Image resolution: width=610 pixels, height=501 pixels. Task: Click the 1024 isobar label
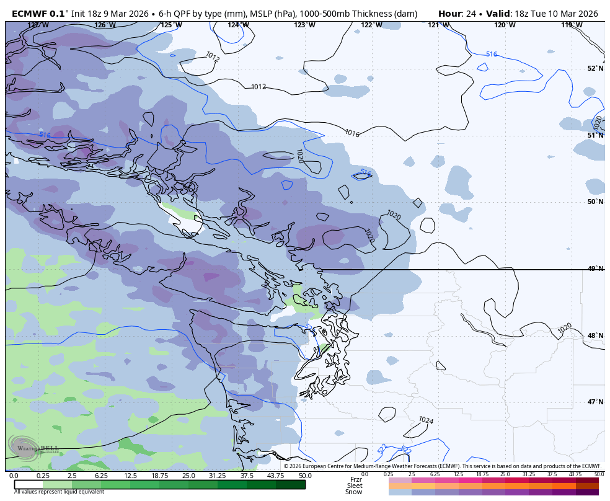pos(425,420)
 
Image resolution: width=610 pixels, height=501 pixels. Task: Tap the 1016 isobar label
pos(351,133)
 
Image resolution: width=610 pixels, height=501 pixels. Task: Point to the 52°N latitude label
pos(595,68)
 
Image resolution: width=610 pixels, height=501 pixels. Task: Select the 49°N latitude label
pos(595,268)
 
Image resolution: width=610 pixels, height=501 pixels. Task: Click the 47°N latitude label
pos(595,402)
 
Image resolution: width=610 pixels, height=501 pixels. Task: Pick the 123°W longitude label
pos(304,25)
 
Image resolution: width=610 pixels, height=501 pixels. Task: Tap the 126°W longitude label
pos(105,25)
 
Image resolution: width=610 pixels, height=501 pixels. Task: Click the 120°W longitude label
pos(505,25)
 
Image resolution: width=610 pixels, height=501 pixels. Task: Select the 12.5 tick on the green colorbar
pos(130,476)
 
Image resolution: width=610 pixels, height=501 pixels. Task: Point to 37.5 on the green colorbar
pos(247,476)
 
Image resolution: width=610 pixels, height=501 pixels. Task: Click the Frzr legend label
pos(356,479)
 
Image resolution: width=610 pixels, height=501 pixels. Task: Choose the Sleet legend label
pos(355,485)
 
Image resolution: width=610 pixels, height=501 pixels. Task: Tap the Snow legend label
pos(354,492)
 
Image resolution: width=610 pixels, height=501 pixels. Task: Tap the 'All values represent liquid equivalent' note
pos(59,492)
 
